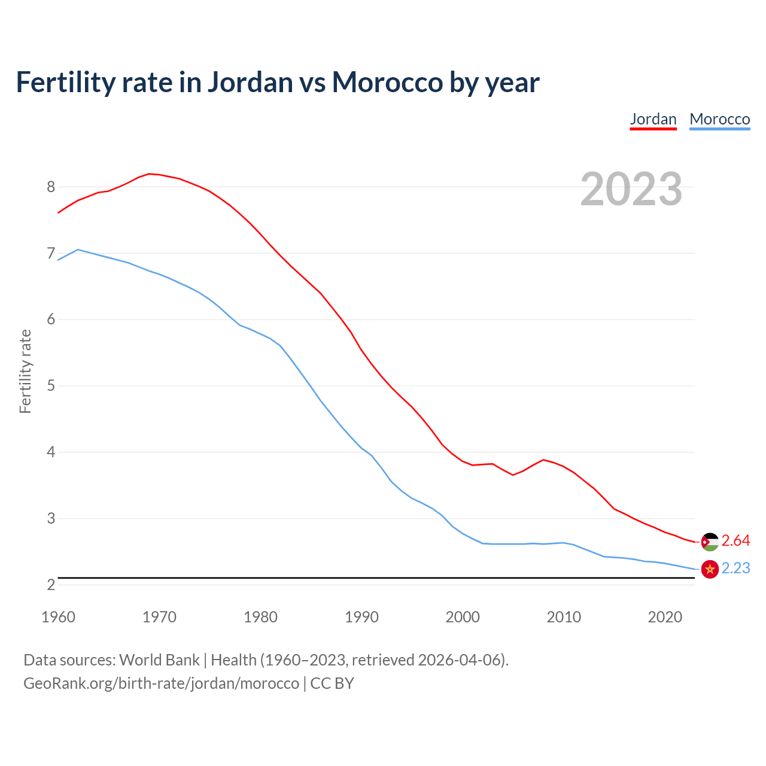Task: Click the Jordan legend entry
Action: click(x=653, y=119)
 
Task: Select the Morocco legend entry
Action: click(x=719, y=119)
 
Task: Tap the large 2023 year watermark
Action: click(x=631, y=189)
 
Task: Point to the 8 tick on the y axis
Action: click(x=51, y=187)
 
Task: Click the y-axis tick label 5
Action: click(x=51, y=385)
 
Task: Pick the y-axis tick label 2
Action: click(x=51, y=585)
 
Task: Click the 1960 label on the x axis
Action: click(x=58, y=617)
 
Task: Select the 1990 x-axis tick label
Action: click(x=361, y=617)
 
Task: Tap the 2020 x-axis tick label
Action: click(x=665, y=617)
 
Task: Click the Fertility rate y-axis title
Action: click(x=25, y=371)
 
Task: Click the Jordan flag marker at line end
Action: click(x=710, y=542)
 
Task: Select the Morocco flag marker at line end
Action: click(x=710, y=569)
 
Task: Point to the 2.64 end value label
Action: click(x=735, y=541)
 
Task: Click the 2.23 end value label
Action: click(x=735, y=569)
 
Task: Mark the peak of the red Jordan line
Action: click(x=149, y=174)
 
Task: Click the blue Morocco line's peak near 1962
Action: click(x=78, y=250)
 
